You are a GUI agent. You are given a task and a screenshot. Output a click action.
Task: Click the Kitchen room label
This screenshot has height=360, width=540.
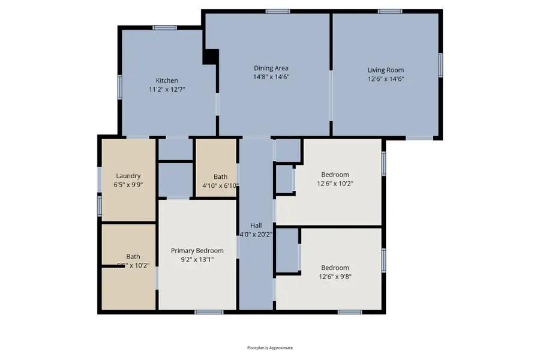pyautogui.click(x=167, y=80)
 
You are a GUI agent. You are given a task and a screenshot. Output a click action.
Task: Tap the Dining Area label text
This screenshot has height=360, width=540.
pyautogui.click(x=271, y=68)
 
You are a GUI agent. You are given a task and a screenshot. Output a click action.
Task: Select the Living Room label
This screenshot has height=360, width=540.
pyautogui.click(x=386, y=70)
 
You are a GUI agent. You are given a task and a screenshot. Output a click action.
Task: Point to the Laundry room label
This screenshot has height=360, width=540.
pyautogui.click(x=128, y=176)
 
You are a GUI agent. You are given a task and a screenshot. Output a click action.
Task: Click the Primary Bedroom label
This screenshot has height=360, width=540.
pyautogui.click(x=197, y=251)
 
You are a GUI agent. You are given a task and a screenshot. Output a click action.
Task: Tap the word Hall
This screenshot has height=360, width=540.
pyautogui.click(x=256, y=226)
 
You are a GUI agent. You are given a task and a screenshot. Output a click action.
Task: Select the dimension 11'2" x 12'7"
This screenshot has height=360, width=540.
pyautogui.click(x=167, y=89)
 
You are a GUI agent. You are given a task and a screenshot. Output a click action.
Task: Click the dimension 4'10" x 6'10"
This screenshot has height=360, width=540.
pyautogui.click(x=220, y=185)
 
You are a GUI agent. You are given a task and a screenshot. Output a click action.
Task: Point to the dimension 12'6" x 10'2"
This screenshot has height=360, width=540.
pyautogui.click(x=334, y=184)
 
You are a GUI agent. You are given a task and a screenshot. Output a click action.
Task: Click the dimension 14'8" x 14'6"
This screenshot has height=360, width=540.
pyautogui.click(x=271, y=77)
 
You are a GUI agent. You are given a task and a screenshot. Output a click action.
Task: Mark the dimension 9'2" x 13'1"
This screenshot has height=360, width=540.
pyautogui.click(x=197, y=260)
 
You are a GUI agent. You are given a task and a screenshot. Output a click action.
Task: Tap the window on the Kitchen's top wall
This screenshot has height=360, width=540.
pyautogui.click(x=164, y=28)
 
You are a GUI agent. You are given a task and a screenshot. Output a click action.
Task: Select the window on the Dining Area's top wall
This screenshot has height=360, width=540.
pyautogui.click(x=278, y=11)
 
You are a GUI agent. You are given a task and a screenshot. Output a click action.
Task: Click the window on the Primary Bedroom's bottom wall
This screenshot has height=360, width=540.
pyautogui.click(x=209, y=312)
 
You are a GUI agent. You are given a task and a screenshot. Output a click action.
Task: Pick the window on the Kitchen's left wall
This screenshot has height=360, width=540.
pyautogui.click(x=120, y=87)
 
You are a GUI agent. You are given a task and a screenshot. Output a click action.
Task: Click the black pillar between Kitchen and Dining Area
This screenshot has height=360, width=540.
pyautogui.click(x=211, y=56)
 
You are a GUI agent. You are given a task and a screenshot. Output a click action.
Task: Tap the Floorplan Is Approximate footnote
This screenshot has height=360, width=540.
pyautogui.click(x=270, y=347)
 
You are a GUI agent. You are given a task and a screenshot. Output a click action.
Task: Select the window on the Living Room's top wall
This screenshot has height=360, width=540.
pyautogui.click(x=390, y=11)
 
